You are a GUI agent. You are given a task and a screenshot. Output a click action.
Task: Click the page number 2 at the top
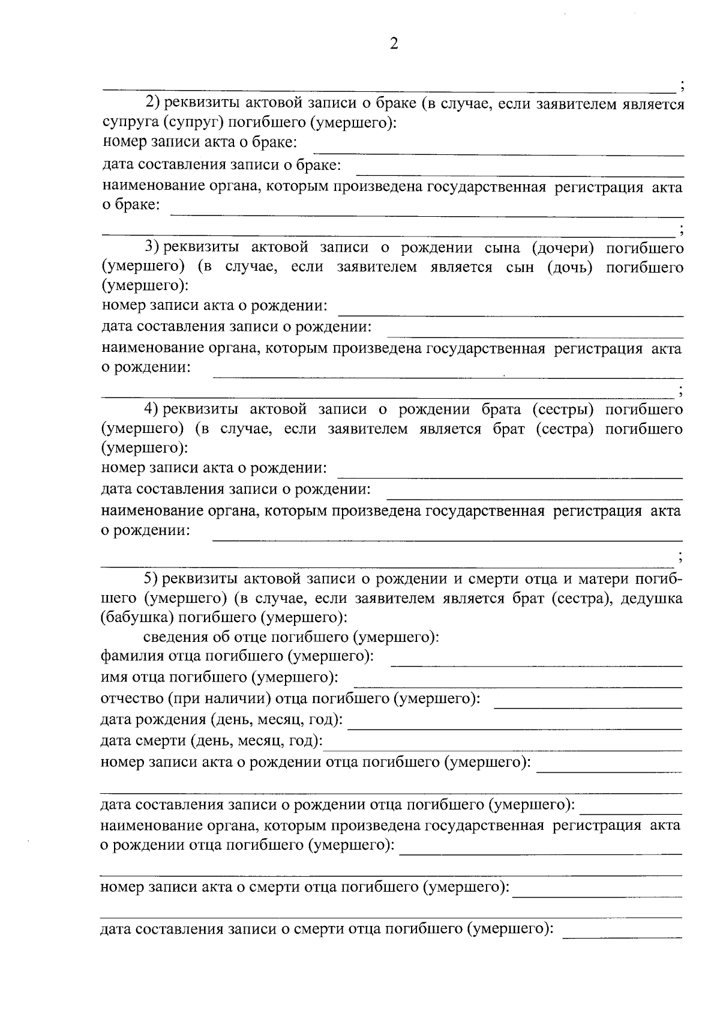pyautogui.click(x=394, y=43)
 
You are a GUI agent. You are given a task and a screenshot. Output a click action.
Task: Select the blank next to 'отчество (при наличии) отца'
pyautogui.click(x=587, y=704)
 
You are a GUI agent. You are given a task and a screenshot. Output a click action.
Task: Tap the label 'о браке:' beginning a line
pyautogui.click(x=131, y=205)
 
